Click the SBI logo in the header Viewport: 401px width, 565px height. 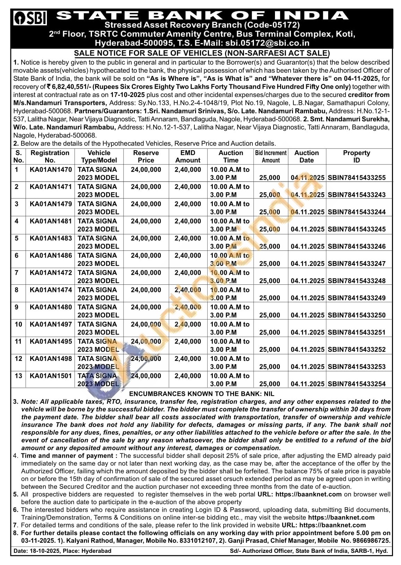(x=30, y=18)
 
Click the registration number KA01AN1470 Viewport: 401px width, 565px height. (x=51, y=170)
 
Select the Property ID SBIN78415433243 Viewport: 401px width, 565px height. (x=357, y=195)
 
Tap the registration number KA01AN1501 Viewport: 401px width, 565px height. (x=51, y=376)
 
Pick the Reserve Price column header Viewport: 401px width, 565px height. (x=146, y=156)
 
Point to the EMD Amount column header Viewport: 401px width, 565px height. (x=188, y=156)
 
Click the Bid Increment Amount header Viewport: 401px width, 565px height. (x=271, y=156)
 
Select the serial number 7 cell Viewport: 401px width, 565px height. (x=17, y=273)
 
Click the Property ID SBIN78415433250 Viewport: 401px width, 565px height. (x=357, y=315)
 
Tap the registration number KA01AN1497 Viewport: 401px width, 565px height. (x=51, y=324)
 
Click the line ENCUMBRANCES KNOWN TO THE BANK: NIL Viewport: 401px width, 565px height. (x=201, y=394)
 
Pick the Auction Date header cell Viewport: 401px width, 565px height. (x=307, y=156)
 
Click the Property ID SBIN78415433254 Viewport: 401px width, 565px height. (x=357, y=384)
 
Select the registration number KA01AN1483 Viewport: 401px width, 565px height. (x=51, y=239)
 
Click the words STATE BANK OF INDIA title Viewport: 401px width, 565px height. (x=202, y=15)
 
